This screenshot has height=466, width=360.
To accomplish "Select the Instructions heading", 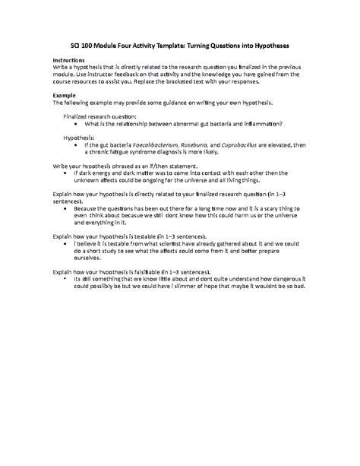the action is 69,59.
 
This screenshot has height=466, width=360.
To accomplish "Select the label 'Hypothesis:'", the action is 83,137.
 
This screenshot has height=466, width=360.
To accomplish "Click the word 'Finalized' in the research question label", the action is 81,116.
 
